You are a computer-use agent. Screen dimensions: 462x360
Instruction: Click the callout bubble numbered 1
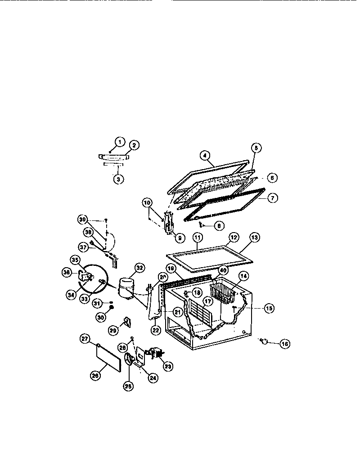pos(119,142)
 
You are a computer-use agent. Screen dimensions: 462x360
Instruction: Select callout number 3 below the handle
pos(118,179)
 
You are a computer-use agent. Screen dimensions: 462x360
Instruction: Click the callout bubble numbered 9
pos(180,238)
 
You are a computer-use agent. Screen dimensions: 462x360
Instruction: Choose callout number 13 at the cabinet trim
pos(255,237)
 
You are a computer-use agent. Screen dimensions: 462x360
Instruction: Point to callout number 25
pos(129,386)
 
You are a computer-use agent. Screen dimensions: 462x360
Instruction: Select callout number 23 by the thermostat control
pos(168,366)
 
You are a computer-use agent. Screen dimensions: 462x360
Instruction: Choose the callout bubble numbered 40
pos(222,270)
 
